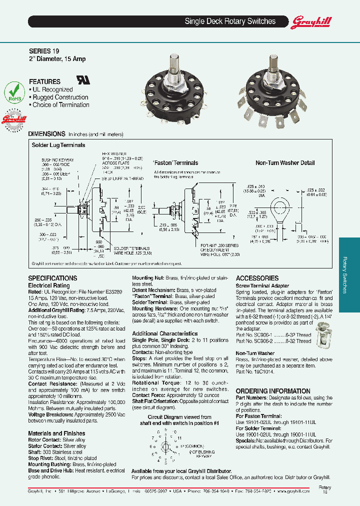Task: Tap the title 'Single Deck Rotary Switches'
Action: (x=230, y=21)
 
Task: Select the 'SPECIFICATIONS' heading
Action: (x=52, y=278)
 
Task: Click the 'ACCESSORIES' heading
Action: (x=257, y=278)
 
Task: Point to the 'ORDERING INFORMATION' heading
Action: (x=273, y=391)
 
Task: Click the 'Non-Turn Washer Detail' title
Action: (x=285, y=163)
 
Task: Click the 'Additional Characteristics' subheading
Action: (x=164, y=333)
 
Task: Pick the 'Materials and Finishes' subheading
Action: (x=56, y=433)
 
